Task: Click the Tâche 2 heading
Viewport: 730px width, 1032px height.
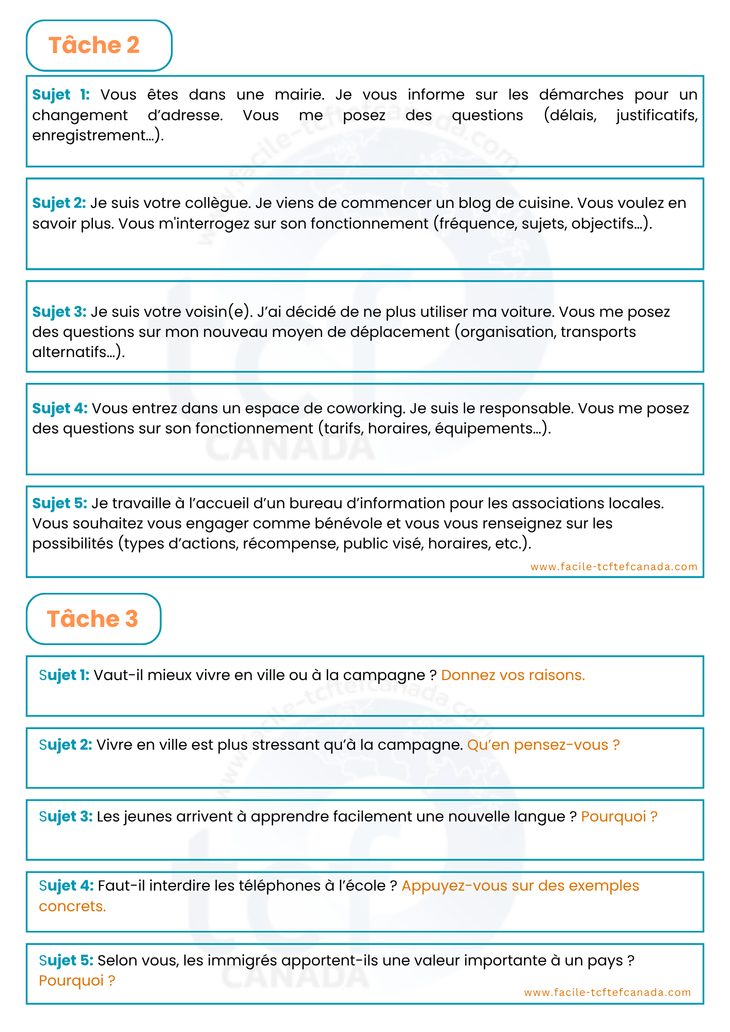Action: coord(94,45)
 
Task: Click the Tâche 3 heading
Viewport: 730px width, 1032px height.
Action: coord(92,619)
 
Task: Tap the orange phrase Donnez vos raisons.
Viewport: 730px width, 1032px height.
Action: coord(513,675)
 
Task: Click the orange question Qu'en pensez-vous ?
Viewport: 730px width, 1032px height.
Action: coord(543,745)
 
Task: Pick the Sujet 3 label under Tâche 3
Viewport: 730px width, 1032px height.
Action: coord(66,816)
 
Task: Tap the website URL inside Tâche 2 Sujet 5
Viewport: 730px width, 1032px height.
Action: coord(614,567)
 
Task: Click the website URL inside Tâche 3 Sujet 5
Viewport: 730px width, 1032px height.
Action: coord(607,992)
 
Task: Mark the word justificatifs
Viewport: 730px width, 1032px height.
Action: coord(657,115)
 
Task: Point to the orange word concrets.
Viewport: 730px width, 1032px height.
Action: coord(72,906)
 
